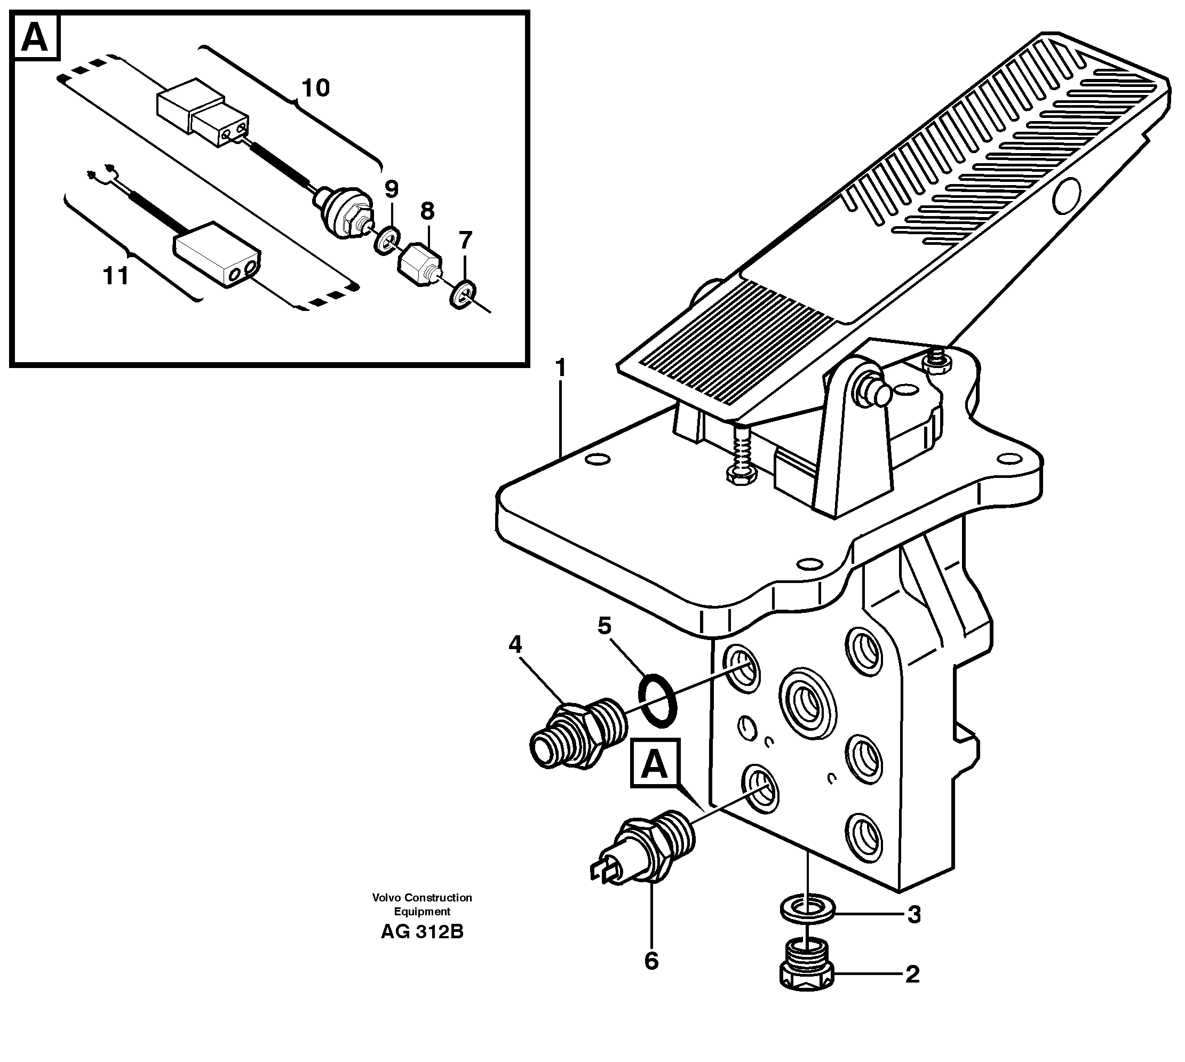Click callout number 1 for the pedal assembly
(560, 369)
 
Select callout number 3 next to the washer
(913, 914)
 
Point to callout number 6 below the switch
(651, 961)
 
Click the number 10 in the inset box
(316, 88)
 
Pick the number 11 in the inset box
(116, 275)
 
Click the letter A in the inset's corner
(35, 38)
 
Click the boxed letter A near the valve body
(654, 764)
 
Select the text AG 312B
(421, 932)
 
